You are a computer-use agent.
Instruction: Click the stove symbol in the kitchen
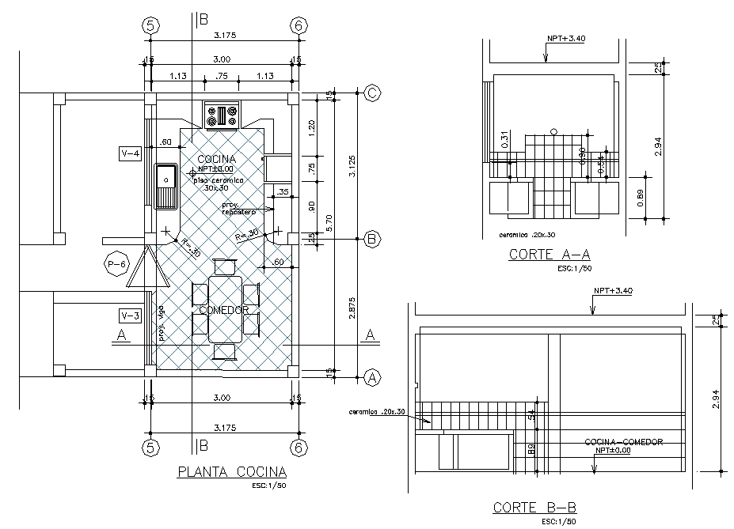(222, 115)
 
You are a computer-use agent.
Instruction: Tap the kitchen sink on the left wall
(166, 187)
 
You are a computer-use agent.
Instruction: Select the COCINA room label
(216, 160)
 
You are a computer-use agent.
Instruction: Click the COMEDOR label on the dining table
(225, 309)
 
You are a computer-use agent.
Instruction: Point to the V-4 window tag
(129, 153)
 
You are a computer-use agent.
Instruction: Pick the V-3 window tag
(129, 316)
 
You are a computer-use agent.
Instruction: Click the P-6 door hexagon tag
(117, 264)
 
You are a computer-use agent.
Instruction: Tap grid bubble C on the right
(373, 93)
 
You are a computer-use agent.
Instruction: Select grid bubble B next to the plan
(373, 240)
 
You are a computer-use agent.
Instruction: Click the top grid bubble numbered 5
(150, 25)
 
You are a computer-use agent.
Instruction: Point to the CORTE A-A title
(549, 255)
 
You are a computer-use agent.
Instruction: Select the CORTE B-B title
(533, 507)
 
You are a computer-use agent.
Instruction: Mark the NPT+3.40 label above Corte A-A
(565, 39)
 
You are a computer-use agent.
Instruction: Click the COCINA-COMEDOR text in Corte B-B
(623, 441)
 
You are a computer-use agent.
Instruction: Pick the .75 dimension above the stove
(222, 76)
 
